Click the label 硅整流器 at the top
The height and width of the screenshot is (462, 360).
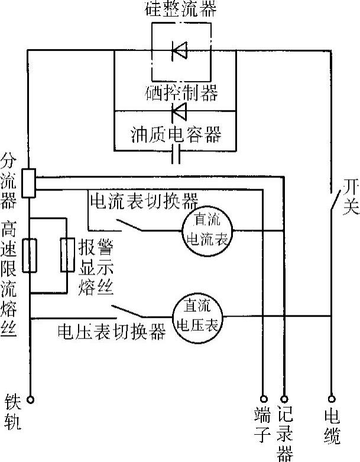[180, 9]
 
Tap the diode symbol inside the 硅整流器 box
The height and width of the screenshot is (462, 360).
[180, 51]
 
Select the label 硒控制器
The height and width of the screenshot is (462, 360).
[181, 93]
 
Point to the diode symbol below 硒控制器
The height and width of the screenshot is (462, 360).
[180, 111]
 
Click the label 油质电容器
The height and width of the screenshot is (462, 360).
[176, 134]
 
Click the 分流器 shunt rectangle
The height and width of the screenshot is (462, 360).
[28, 183]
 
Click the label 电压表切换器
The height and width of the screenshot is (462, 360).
[111, 332]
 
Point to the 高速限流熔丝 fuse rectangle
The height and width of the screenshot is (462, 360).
[29, 256]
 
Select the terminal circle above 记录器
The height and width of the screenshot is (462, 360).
[284, 399]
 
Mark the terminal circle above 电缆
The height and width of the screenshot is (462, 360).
[331, 399]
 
